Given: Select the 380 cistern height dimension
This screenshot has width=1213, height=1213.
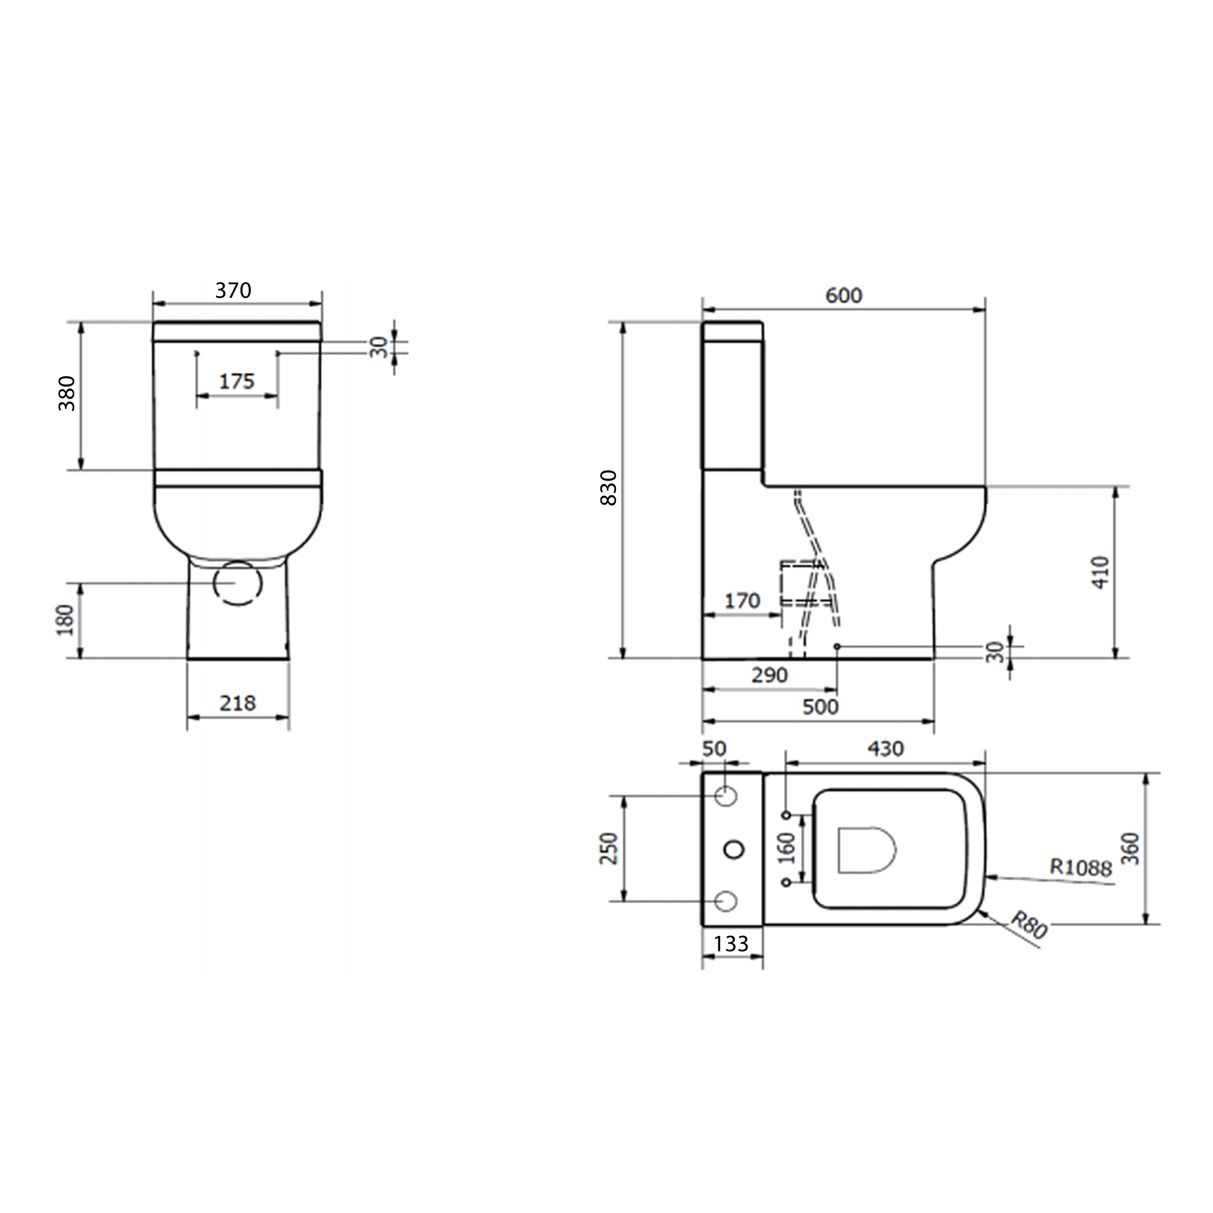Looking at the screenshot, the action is pos(67,394).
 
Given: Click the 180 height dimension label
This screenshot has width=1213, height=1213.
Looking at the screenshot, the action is pos(66,620).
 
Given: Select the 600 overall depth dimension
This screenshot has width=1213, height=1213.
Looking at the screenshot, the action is pos(844,295).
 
